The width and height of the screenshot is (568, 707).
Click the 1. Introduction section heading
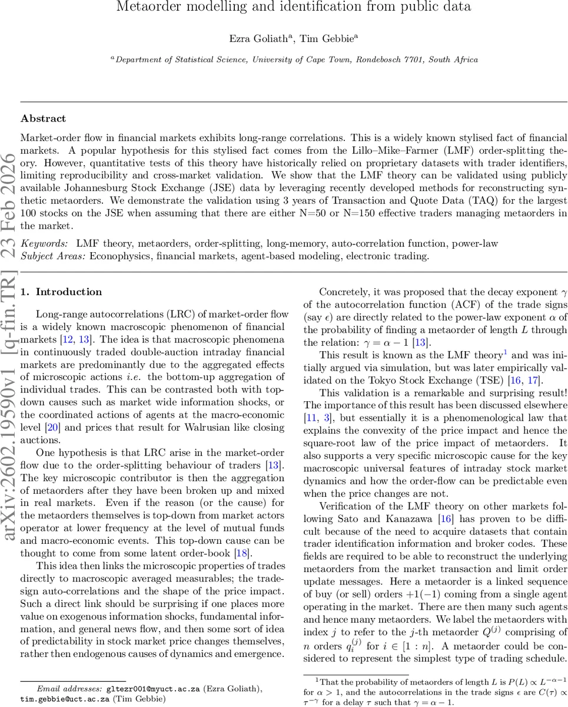[61, 292]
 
